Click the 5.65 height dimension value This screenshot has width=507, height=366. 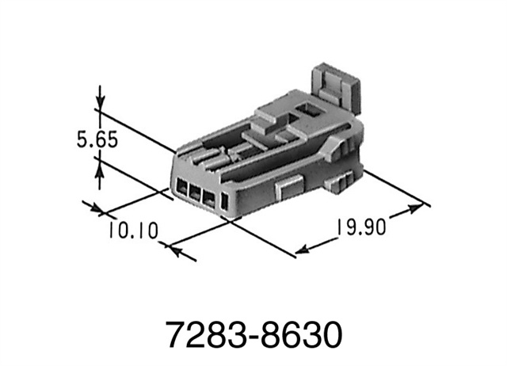(97, 140)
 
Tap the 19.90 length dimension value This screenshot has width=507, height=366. (359, 227)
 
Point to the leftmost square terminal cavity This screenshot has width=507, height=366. (181, 190)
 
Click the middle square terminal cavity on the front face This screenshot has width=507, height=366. (195, 195)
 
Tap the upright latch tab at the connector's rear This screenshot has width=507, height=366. (333, 86)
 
